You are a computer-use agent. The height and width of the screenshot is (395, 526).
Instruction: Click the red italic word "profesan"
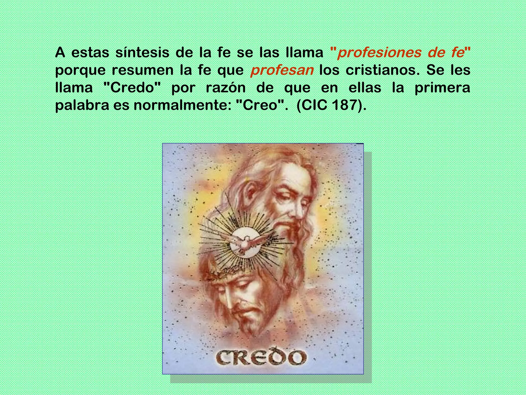pyautogui.click(x=282, y=70)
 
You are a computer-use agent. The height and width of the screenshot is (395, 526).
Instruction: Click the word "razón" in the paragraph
pyautogui.click(x=226, y=88)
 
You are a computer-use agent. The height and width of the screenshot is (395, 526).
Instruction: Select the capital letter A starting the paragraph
pyautogui.click(x=60, y=53)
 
